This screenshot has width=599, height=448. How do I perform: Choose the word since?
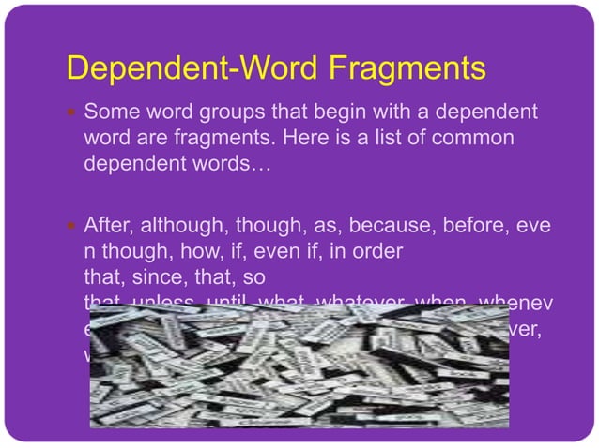[138, 277]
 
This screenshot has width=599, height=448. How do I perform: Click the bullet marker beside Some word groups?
[72, 114]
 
